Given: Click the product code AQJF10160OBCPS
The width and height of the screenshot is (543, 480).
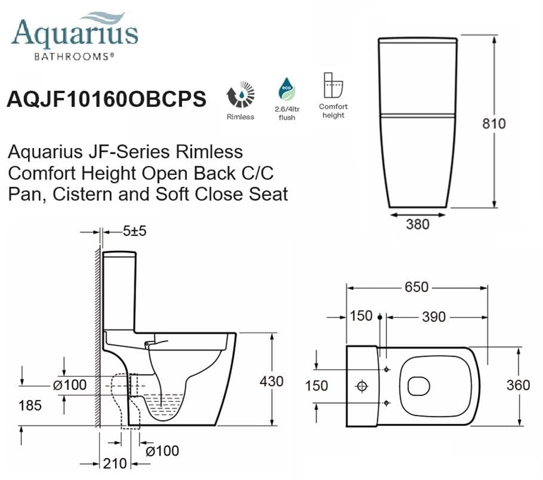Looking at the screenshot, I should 106,99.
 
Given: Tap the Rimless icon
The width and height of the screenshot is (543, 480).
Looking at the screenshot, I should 240,96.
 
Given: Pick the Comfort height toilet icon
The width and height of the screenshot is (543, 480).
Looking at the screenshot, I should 333,87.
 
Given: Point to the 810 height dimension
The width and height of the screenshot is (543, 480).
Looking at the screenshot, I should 494,124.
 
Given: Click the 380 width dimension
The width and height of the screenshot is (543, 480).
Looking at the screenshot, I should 418,224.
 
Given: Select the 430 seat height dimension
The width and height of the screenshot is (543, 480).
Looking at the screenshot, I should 271,381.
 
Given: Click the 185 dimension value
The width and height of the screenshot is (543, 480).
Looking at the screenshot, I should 30,405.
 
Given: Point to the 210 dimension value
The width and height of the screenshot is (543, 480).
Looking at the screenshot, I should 113,463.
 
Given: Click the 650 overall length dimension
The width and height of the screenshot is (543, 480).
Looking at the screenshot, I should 416,287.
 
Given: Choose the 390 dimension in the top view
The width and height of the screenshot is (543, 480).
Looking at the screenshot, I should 434,316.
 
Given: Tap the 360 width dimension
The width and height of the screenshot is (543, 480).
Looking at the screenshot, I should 517,385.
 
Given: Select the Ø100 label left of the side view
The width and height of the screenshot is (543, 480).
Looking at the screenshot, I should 70,385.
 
